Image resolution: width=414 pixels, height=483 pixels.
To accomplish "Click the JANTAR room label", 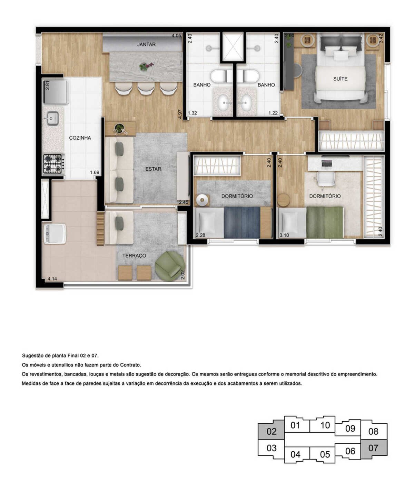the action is tap(146, 44).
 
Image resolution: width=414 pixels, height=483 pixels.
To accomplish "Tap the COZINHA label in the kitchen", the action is tap(80, 138).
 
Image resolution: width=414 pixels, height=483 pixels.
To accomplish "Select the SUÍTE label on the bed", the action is tap(340, 79).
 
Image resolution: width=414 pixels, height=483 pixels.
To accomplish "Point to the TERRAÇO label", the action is tap(134, 256).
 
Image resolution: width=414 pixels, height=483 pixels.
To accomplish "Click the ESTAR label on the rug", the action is tap(153, 169).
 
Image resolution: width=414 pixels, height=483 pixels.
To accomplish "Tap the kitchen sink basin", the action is tap(53, 118).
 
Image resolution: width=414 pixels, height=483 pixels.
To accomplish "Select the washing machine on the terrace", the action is tap(55, 234).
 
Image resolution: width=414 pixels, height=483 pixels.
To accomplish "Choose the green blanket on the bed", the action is tap(325, 222).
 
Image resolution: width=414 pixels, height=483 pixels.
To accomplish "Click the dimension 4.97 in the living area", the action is tap(180, 114).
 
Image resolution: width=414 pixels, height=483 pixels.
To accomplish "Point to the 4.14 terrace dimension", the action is tap(52, 279).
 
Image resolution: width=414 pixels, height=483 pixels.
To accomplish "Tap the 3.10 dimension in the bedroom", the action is tap(284, 235).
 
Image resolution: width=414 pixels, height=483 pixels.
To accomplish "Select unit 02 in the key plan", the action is tap(271, 431).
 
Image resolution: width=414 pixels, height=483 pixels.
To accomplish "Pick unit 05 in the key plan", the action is tap(325, 454).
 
